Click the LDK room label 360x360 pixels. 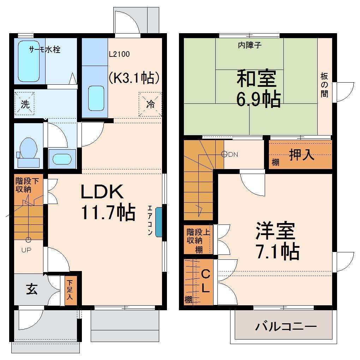pyautogui.click(x=102, y=192)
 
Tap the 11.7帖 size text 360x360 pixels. pyautogui.click(x=108, y=212)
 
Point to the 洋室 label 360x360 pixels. pyautogui.click(x=275, y=231)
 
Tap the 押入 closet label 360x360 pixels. pyautogui.click(x=302, y=155)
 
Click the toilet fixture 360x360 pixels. pyautogui.click(x=28, y=150)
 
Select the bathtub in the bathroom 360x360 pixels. pyautogui.click(x=29, y=62)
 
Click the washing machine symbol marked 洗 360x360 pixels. pyautogui.click(x=25, y=104)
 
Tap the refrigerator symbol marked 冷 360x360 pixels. pyautogui.click(x=150, y=104)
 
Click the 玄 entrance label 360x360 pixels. pyautogui.click(x=31, y=289)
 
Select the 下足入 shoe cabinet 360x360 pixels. pyautogui.click(x=70, y=290)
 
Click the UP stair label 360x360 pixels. pyautogui.click(x=27, y=250)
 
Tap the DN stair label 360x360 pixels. pyautogui.click(x=233, y=154)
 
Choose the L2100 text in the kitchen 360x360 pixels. pyautogui.click(x=119, y=54)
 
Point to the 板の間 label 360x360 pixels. pyautogui.click(x=324, y=85)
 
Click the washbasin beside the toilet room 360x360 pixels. pyautogui.click(x=62, y=159)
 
